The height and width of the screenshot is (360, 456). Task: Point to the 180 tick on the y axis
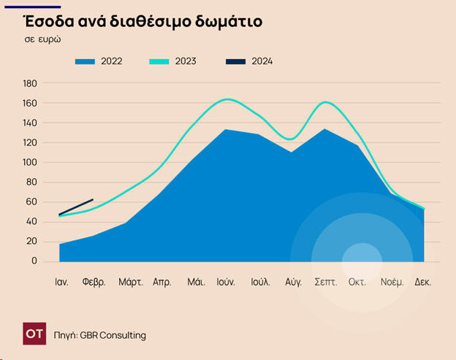click(x=30, y=83)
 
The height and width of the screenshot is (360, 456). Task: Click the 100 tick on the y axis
click(x=30, y=162)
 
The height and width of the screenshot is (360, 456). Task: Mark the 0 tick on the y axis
click(x=34, y=261)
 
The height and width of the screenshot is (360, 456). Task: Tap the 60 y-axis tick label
click(x=32, y=202)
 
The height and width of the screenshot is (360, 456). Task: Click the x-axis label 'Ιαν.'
click(x=61, y=281)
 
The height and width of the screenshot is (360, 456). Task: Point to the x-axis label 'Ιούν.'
click(x=226, y=281)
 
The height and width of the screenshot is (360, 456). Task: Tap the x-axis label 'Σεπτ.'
click(x=324, y=281)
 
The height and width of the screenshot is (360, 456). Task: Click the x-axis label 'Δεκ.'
click(x=422, y=281)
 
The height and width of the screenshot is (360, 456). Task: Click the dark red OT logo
click(x=34, y=334)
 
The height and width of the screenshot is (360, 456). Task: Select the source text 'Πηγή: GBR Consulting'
click(x=100, y=335)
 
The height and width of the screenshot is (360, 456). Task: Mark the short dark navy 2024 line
click(x=76, y=207)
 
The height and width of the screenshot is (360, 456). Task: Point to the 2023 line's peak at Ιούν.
click(x=227, y=99)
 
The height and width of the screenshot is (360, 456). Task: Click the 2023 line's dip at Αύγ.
click(x=291, y=139)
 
